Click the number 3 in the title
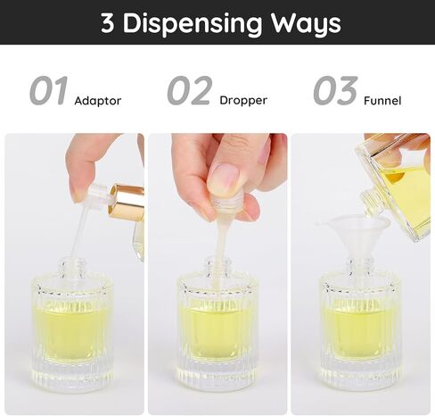[x=108, y=23]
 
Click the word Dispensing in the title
[x=191, y=23]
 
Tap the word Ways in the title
[x=300, y=23]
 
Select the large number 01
[x=48, y=91]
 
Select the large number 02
[x=190, y=91]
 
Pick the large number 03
[x=335, y=91]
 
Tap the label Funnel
[x=382, y=100]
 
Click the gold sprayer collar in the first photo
[x=127, y=202]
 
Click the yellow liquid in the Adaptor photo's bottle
[x=72, y=331]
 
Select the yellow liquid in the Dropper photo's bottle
[x=217, y=331]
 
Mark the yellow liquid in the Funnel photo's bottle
[x=360, y=331]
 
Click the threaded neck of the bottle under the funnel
[x=360, y=266]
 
